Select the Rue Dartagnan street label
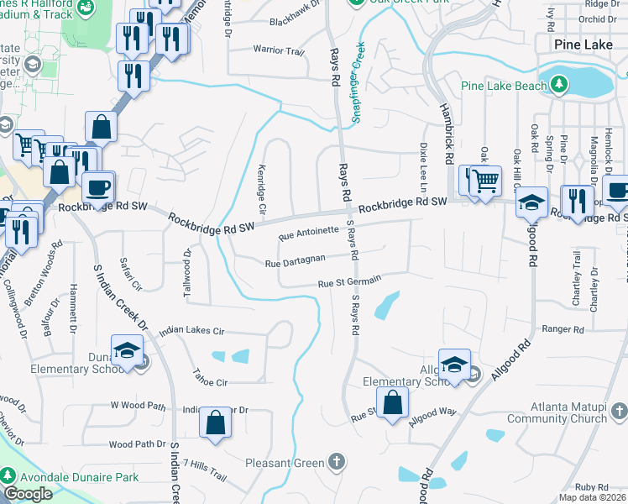pos(301,264)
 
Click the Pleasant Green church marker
pos(336,462)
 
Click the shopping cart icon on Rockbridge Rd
pos(484,180)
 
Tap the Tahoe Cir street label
pos(211,382)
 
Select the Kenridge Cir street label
pos(262,189)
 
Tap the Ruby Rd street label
pos(591,487)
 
